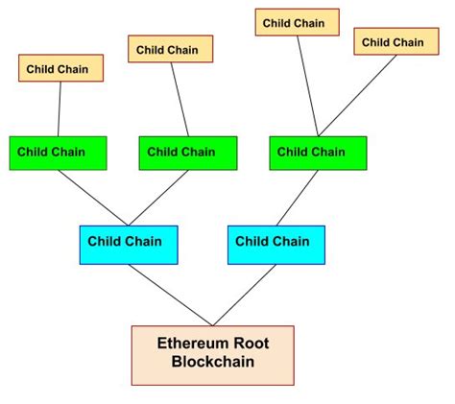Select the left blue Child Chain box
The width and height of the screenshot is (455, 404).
(125, 244)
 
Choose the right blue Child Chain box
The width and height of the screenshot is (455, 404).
(275, 244)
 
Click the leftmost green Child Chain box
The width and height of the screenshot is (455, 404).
(58, 153)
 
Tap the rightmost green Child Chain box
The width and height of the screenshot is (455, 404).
(318, 153)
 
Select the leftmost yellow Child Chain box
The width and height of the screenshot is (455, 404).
(60, 68)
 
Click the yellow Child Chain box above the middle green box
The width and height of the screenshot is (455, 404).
(170, 50)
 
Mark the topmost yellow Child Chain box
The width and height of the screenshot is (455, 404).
(297, 22)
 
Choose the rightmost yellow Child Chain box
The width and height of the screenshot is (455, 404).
(393, 42)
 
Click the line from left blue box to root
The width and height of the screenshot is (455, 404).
(170, 295)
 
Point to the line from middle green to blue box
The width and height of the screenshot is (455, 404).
(157, 198)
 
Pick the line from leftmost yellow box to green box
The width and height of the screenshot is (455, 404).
(60, 108)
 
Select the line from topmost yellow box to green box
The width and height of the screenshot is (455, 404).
(307, 86)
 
